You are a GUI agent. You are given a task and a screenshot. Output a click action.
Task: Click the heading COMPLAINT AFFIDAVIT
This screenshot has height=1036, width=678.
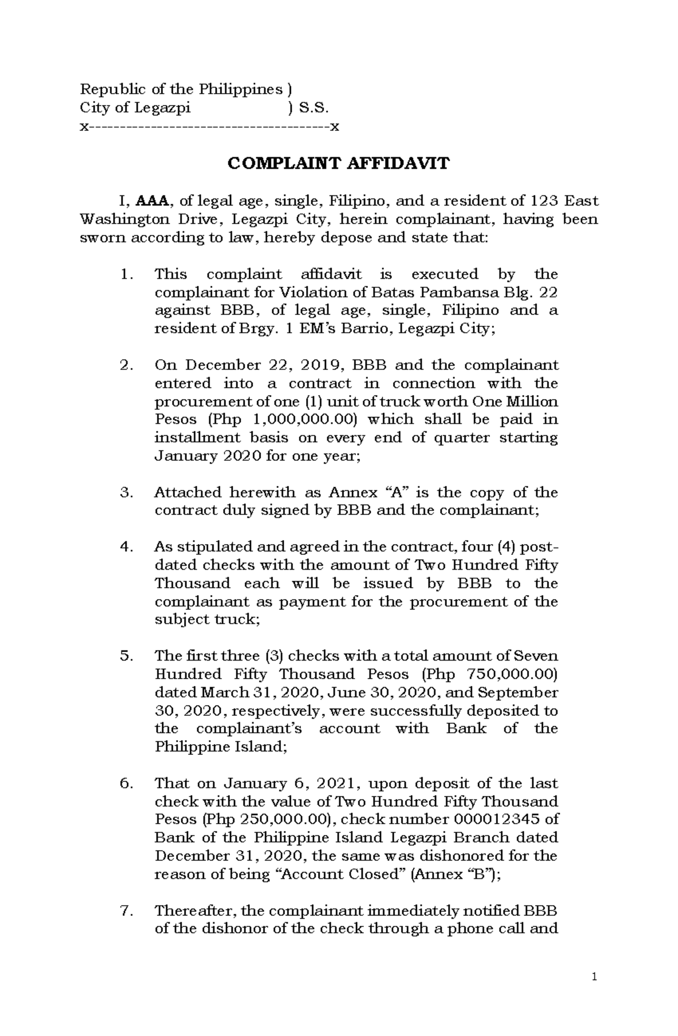point(338,164)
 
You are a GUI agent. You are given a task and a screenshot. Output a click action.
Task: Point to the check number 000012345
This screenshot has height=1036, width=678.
point(479,819)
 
